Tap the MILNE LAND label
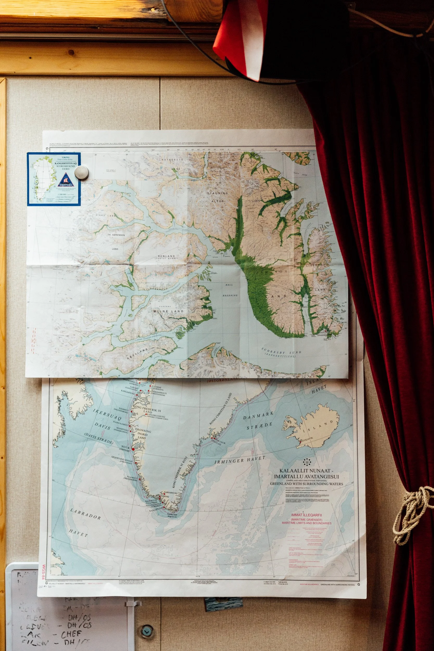[168, 311]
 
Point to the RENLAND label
[166, 256]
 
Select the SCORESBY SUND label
[281, 352]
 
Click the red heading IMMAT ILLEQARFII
[306, 515]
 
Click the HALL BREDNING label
[229, 290]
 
